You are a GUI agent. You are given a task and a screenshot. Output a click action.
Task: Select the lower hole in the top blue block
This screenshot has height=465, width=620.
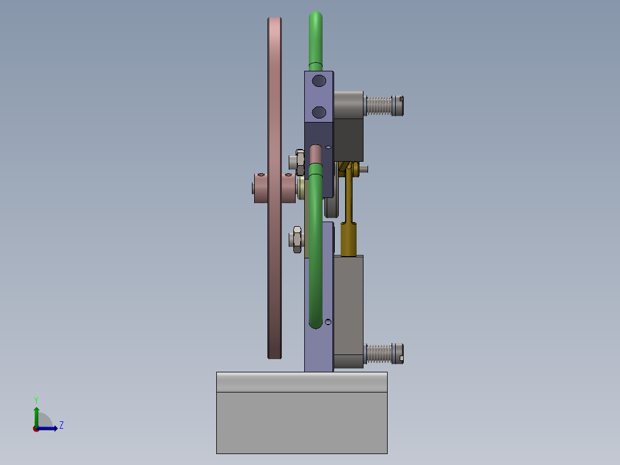[x=319, y=111]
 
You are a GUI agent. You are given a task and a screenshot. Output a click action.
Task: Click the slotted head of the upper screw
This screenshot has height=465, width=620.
[x=399, y=105]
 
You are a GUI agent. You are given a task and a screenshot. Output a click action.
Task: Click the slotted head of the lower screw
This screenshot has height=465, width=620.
[x=399, y=353]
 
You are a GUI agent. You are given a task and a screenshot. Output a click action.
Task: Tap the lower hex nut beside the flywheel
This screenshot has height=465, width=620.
[x=296, y=239]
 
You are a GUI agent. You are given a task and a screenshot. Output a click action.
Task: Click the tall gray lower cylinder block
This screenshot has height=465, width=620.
[x=349, y=305]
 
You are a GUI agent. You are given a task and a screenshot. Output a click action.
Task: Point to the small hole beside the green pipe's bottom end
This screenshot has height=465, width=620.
[x=328, y=321]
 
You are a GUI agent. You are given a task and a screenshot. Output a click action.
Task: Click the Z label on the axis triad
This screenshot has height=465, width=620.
[x=61, y=425]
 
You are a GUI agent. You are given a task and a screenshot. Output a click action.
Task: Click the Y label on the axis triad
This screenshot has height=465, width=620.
[x=36, y=400]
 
